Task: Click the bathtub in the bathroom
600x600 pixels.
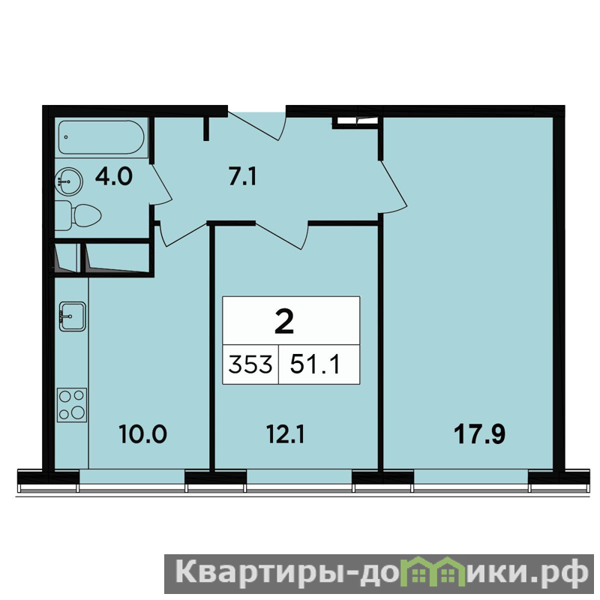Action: click(x=101, y=137)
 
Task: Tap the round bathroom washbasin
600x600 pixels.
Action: click(x=69, y=181)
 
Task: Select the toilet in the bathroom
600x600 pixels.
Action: click(x=78, y=215)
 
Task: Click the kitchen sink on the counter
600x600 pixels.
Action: click(x=72, y=316)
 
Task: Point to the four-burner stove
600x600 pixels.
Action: click(x=72, y=405)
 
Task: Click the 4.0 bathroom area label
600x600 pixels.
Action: click(x=114, y=177)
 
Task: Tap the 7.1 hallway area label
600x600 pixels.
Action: click(x=242, y=177)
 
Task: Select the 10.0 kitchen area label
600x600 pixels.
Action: click(x=142, y=434)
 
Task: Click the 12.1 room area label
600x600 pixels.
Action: click(x=286, y=435)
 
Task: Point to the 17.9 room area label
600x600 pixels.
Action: click(x=479, y=435)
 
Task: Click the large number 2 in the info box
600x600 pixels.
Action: click(x=284, y=322)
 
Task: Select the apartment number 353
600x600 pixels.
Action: click(x=250, y=364)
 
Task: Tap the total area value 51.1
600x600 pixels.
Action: click(x=315, y=364)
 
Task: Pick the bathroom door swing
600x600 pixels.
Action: click(x=161, y=184)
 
